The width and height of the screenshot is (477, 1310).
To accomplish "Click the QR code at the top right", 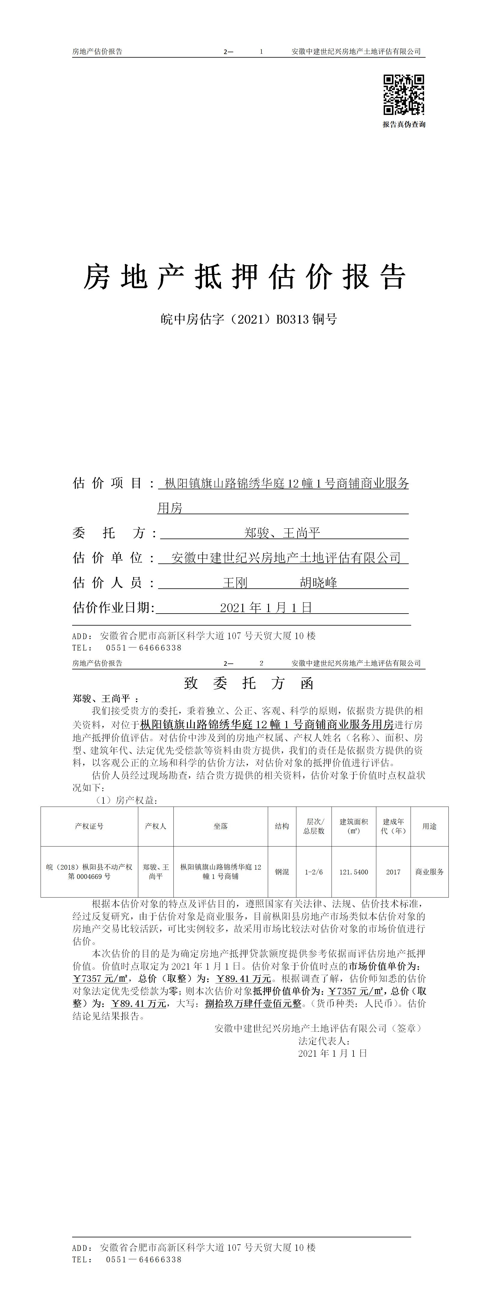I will tap(404, 95).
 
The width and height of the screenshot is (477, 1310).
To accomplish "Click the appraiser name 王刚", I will tap(235, 583).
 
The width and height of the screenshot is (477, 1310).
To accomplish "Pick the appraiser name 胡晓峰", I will tap(318, 583).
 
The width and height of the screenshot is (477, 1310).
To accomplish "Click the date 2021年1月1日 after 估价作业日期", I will tap(266, 608).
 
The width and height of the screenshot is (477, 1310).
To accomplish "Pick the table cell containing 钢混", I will tap(282, 872).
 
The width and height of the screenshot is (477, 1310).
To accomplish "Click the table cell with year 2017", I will tap(393, 872).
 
